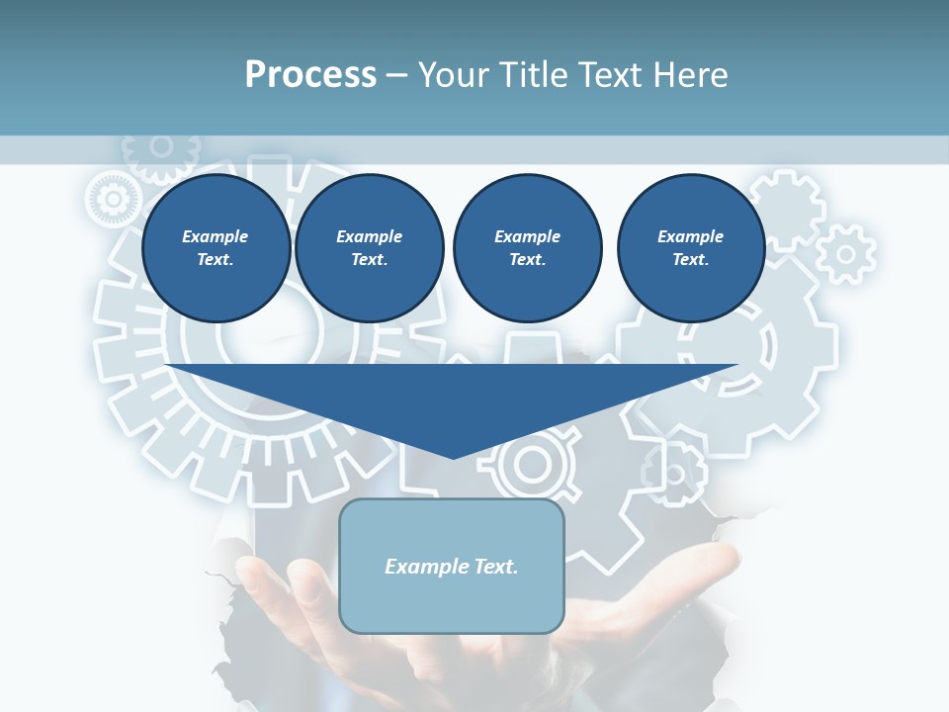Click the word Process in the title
point(310,74)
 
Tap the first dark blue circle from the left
point(216,248)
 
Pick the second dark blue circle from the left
point(370,248)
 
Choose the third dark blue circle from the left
point(528,248)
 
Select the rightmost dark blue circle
point(691,248)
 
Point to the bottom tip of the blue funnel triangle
point(453,458)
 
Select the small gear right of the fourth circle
point(846,253)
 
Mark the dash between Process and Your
point(397,75)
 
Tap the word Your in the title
point(455,74)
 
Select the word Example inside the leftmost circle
point(216,236)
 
